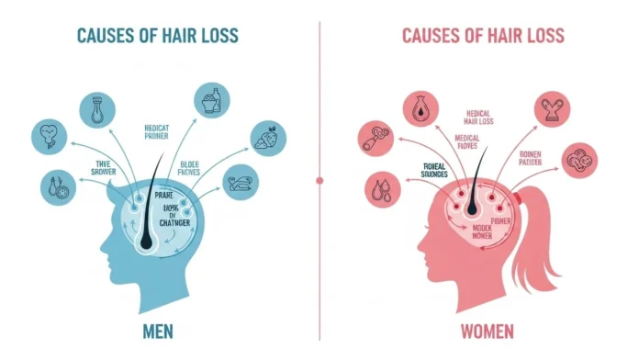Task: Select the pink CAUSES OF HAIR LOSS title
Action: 482,36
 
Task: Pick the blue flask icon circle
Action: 97,110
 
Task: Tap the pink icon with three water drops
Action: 380,189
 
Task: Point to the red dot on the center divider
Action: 319,180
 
